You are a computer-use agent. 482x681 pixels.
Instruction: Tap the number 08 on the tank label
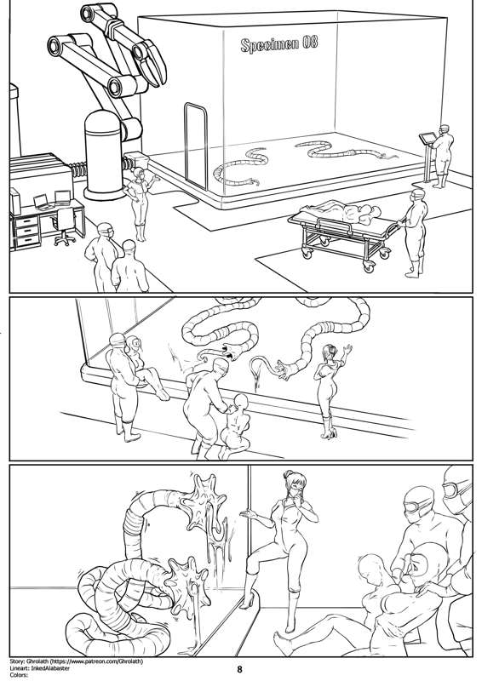coord(310,42)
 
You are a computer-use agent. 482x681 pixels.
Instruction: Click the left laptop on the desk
coord(41,202)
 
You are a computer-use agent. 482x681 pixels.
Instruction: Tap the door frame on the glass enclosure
coord(196,145)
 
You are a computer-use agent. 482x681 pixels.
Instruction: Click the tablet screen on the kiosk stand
coord(427,138)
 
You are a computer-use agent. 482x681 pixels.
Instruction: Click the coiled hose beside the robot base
coord(79,169)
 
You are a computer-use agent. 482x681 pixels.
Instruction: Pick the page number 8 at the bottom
coord(240,670)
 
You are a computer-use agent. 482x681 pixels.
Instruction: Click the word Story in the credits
coord(16,661)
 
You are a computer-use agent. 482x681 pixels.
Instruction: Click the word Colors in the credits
coord(18,675)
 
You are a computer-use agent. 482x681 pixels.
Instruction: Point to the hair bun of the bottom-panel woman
coord(289,474)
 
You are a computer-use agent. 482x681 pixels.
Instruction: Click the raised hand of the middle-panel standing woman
coord(347,350)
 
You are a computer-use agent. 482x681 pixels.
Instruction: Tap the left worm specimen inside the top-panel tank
coord(239,167)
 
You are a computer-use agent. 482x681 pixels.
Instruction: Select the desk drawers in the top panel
coord(26,232)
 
